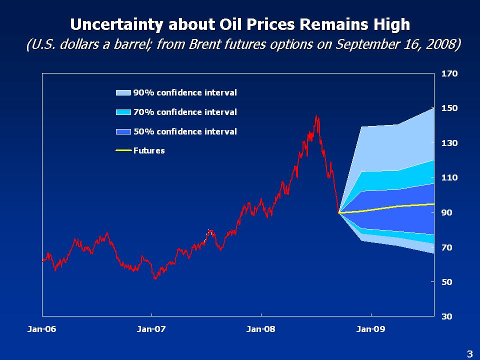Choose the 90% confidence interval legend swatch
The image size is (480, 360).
coord(123,92)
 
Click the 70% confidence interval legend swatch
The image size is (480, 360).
coord(123,112)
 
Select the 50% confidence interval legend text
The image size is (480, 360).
coord(185,131)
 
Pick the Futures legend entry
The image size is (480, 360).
coord(148,150)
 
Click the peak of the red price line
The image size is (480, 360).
coord(316,116)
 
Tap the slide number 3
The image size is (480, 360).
coord(469,354)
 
